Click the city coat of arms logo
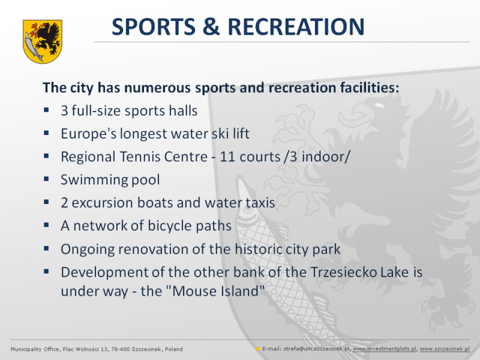(x=43, y=41)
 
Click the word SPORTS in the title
(x=154, y=26)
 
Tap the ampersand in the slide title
(x=211, y=26)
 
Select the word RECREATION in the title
(x=296, y=26)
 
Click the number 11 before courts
(x=227, y=157)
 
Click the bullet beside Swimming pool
(x=46, y=179)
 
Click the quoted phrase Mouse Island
(x=218, y=291)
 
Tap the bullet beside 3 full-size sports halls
(x=46, y=110)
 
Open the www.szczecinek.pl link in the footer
(x=445, y=349)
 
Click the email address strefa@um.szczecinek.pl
(x=316, y=349)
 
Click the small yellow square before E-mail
(x=258, y=349)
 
